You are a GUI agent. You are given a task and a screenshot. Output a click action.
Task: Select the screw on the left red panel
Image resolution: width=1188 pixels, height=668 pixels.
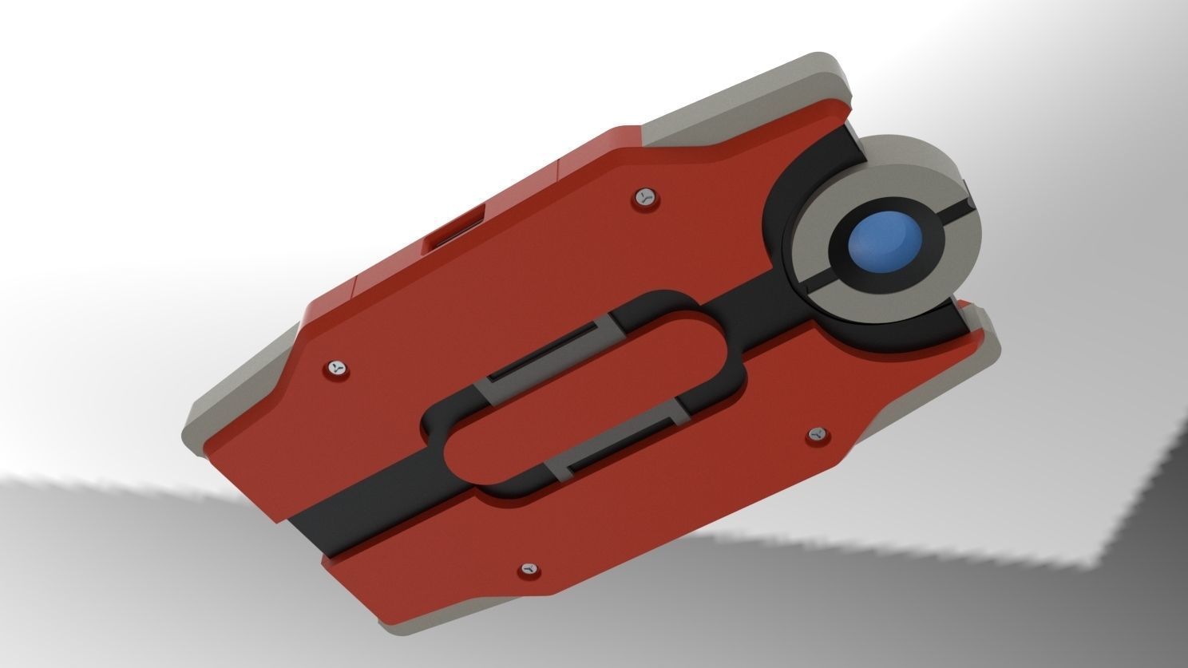point(338,368)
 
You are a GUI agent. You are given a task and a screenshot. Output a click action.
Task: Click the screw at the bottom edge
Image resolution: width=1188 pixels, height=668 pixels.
point(529,569)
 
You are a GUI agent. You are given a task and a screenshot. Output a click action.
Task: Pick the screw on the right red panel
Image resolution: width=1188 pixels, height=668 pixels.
point(816,433)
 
